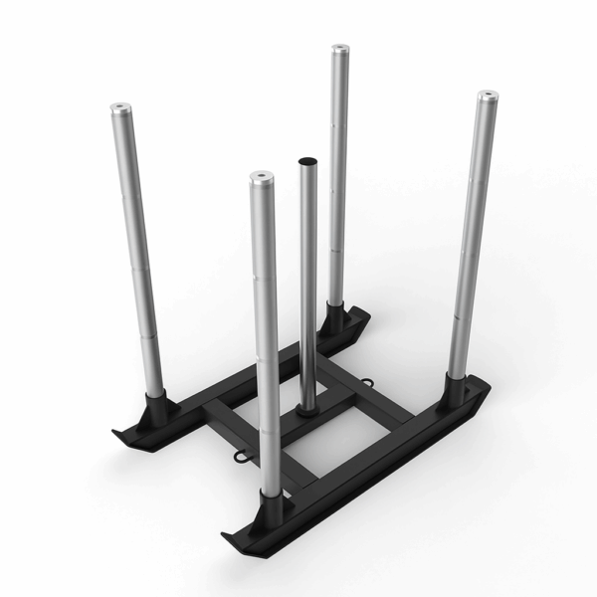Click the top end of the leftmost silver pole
pos(120,105)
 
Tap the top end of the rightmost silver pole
pos(488,96)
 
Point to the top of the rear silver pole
pos(340,47)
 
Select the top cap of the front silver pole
pos(262,177)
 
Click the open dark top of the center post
pos(307,158)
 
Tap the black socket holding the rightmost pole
pos(461,389)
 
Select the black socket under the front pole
pos(269,504)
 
